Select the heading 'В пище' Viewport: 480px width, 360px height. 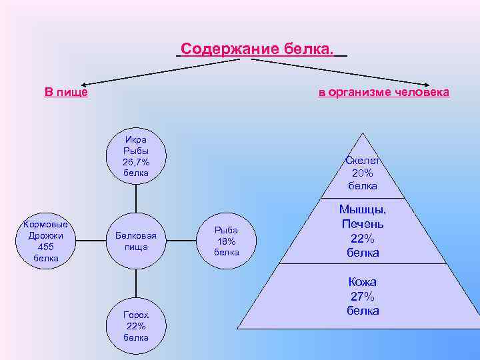(x=66, y=92)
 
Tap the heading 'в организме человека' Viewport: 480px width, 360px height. (x=383, y=92)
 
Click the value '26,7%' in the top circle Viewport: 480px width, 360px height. (x=136, y=162)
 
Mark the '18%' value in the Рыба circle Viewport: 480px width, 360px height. (x=226, y=241)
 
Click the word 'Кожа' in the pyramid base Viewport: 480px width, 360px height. (x=363, y=282)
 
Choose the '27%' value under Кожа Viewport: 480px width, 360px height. (x=363, y=297)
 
